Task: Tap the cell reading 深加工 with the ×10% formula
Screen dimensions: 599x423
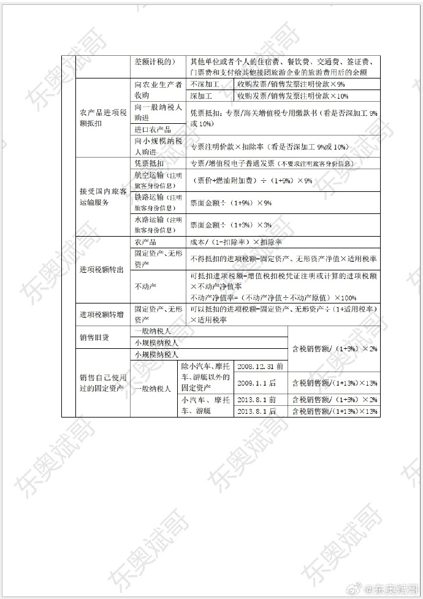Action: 202,96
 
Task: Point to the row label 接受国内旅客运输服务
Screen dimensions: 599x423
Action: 103,197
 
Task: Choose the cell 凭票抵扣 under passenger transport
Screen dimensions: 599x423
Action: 149,164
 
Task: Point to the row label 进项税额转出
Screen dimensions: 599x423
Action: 102,269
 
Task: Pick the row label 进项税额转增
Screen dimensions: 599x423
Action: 102,315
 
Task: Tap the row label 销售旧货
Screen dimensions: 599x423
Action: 94,337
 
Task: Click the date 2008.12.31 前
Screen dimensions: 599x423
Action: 260,366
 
